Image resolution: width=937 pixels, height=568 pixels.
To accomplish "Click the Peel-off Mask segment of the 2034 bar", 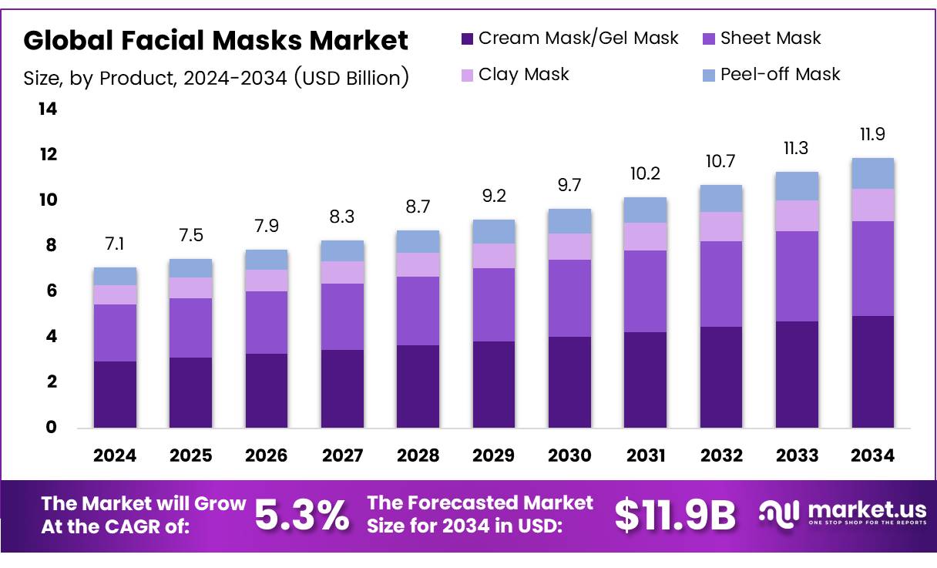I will pyautogui.click(x=872, y=173).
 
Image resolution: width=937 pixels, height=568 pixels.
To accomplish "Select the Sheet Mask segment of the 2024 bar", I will pyautogui.click(x=115, y=333).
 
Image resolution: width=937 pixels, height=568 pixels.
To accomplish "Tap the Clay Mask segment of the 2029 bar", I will pyautogui.click(x=493, y=256).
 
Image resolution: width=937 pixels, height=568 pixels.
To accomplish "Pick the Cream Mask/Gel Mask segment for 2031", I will pyautogui.click(x=645, y=379).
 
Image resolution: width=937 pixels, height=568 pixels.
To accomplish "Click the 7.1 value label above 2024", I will pyautogui.click(x=115, y=244).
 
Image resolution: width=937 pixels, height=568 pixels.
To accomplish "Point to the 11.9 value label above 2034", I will pyautogui.click(x=872, y=135).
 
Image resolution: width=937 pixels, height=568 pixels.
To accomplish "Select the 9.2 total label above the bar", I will pyautogui.click(x=493, y=197).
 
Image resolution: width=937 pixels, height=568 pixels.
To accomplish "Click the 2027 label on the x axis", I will pyautogui.click(x=342, y=455).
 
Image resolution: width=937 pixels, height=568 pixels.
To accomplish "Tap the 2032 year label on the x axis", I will pyautogui.click(x=720, y=455).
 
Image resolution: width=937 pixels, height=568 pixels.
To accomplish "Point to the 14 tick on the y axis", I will pyautogui.click(x=48, y=109).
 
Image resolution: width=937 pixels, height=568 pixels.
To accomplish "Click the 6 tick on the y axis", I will pyautogui.click(x=51, y=291).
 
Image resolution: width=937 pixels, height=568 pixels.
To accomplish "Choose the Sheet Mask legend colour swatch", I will pyautogui.click(x=709, y=39).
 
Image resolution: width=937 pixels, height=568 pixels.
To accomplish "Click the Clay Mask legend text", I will pyautogui.click(x=523, y=75).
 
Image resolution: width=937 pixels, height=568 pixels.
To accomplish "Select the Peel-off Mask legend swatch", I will pyautogui.click(x=709, y=75).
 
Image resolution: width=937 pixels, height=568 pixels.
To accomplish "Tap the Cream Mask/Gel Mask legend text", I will pyautogui.click(x=578, y=39).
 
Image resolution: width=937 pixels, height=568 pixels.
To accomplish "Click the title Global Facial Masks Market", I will pyautogui.click(x=216, y=40).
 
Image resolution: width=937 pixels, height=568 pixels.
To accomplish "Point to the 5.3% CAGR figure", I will pyautogui.click(x=301, y=516).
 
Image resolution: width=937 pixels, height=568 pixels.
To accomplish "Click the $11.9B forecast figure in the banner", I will pyautogui.click(x=675, y=516).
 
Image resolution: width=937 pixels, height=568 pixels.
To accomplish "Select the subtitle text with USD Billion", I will pyautogui.click(x=216, y=78).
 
